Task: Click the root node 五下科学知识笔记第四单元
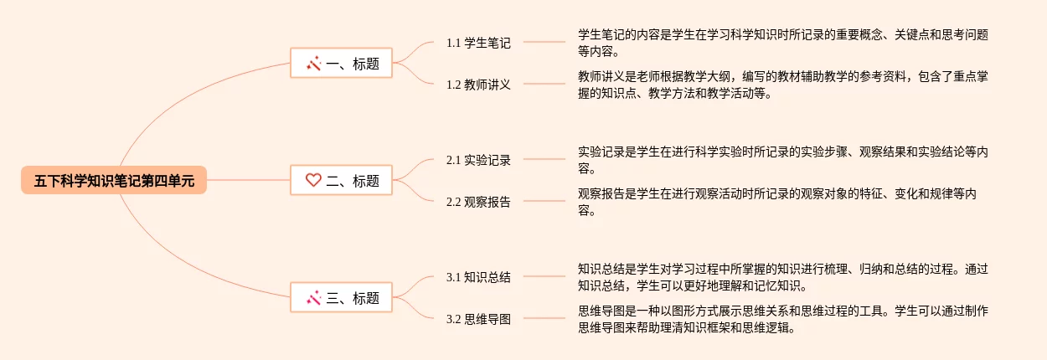tap(114, 180)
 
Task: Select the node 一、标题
tap(341, 63)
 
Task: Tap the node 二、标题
tap(341, 180)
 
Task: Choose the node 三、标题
tap(341, 297)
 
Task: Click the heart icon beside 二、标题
tap(313, 180)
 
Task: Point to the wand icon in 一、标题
tap(314, 63)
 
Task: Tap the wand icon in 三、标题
tap(314, 297)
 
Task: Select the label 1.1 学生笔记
tap(478, 43)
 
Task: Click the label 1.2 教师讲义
tap(478, 84)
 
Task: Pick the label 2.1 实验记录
tap(478, 160)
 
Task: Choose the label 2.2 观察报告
tap(478, 201)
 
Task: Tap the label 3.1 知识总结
tap(478, 277)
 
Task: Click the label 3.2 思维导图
tap(478, 318)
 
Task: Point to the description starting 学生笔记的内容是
tap(782, 43)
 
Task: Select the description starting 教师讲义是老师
tap(782, 85)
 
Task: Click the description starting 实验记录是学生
tap(782, 160)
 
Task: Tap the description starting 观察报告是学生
tap(782, 202)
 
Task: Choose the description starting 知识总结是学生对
tap(782, 277)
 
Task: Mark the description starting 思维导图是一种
tap(782, 319)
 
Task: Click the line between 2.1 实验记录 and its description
tap(544, 159)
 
